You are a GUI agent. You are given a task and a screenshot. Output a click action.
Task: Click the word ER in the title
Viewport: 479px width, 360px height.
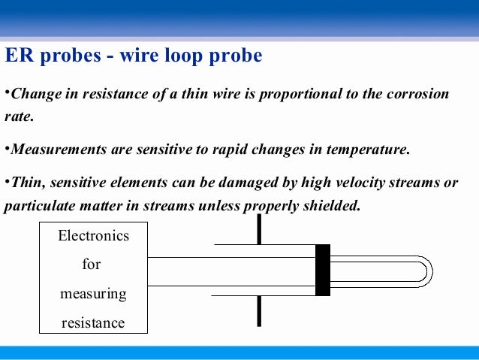pyautogui.click(x=19, y=56)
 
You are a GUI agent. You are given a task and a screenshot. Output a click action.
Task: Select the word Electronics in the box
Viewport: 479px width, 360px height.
pyautogui.click(x=94, y=236)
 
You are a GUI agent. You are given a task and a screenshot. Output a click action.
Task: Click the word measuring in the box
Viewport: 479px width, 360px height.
pyautogui.click(x=94, y=293)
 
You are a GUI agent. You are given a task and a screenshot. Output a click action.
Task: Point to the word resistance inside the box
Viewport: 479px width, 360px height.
pyautogui.click(x=94, y=322)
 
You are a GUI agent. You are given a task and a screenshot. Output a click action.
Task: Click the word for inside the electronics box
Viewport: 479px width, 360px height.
pyautogui.click(x=91, y=265)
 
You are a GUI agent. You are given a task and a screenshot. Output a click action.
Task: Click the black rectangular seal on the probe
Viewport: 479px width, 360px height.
pyautogui.click(x=323, y=270)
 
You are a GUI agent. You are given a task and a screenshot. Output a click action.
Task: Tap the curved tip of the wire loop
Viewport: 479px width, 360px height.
pyautogui.click(x=426, y=271)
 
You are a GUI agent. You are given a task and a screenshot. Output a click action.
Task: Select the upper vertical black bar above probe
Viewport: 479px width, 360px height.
pyautogui.click(x=259, y=229)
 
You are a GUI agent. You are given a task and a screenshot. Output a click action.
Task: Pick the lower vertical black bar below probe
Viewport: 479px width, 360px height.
pyautogui.click(x=259, y=310)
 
